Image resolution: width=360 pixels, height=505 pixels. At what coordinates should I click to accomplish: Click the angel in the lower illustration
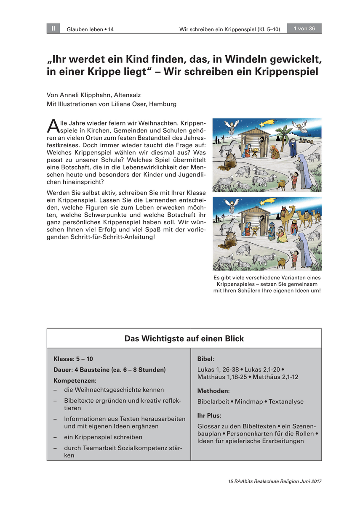click(230, 205)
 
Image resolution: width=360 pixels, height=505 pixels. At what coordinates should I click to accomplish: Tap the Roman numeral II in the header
click(53, 29)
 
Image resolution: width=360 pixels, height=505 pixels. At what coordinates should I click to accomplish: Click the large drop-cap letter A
click(53, 125)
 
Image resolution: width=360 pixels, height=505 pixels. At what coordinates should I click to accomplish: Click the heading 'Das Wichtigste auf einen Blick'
click(184, 338)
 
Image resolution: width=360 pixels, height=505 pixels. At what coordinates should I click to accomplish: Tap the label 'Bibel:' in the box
click(205, 359)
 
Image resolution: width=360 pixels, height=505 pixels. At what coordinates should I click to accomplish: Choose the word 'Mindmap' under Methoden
click(248, 401)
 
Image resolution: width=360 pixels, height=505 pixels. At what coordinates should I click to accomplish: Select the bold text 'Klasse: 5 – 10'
click(73, 359)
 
